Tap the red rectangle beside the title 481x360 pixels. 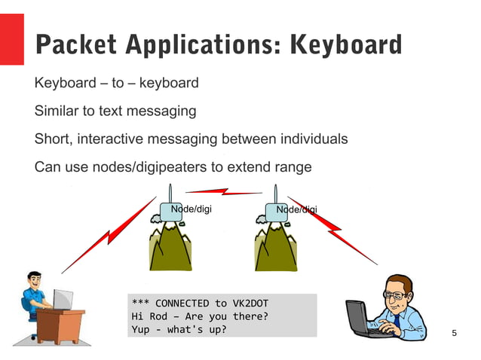pos(12,39)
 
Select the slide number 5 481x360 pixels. pos(453,333)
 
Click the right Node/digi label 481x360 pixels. pos(296,209)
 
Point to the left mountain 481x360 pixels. pos(170,246)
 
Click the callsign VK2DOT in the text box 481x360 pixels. pos(248,303)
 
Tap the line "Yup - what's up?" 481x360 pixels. pos(179,329)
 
